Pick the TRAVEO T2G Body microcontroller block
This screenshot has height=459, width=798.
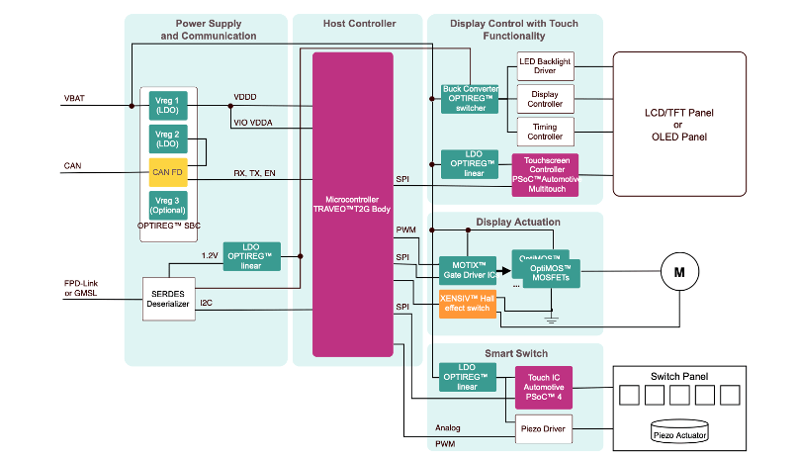click(x=352, y=204)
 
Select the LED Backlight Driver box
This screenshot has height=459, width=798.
click(x=545, y=67)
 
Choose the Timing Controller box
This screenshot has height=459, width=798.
click(x=545, y=131)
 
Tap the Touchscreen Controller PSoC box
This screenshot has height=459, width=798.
click(x=545, y=174)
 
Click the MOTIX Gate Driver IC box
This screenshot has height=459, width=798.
click(x=469, y=270)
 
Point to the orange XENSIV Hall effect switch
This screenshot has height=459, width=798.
click(x=469, y=304)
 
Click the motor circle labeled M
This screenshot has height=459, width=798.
click(x=678, y=271)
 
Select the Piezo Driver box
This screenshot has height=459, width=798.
click(x=545, y=428)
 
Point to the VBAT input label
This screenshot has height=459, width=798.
click(x=74, y=99)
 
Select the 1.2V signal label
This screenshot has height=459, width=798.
click(x=210, y=255)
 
